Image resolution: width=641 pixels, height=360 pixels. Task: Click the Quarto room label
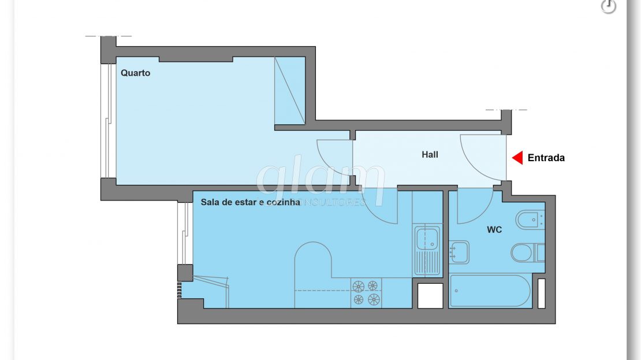[x=135, y=73]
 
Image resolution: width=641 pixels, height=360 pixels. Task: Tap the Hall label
[x=430, y=155]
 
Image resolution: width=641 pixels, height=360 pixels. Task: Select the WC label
[x=494, y=230]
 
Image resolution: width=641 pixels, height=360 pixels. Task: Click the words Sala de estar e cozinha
[x=250, y=202]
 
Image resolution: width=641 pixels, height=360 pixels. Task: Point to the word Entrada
[x=546, y=158]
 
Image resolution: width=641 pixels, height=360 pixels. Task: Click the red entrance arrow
[x=517, y=158]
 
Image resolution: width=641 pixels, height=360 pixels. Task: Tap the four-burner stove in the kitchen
[x=366, y=293]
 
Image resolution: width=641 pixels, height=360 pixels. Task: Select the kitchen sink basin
[x=427, y=239]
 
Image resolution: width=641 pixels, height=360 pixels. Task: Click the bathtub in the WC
[x=490, y=291]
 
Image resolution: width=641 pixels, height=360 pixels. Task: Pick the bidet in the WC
[x=530, y=220]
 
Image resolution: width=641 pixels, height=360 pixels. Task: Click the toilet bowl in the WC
[x=527, y=253]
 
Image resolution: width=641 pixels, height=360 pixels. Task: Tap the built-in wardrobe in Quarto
[x=290, y=90]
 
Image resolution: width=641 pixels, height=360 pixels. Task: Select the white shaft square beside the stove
[x=430, y=295]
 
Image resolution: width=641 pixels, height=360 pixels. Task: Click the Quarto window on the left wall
[x=108, y=121]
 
